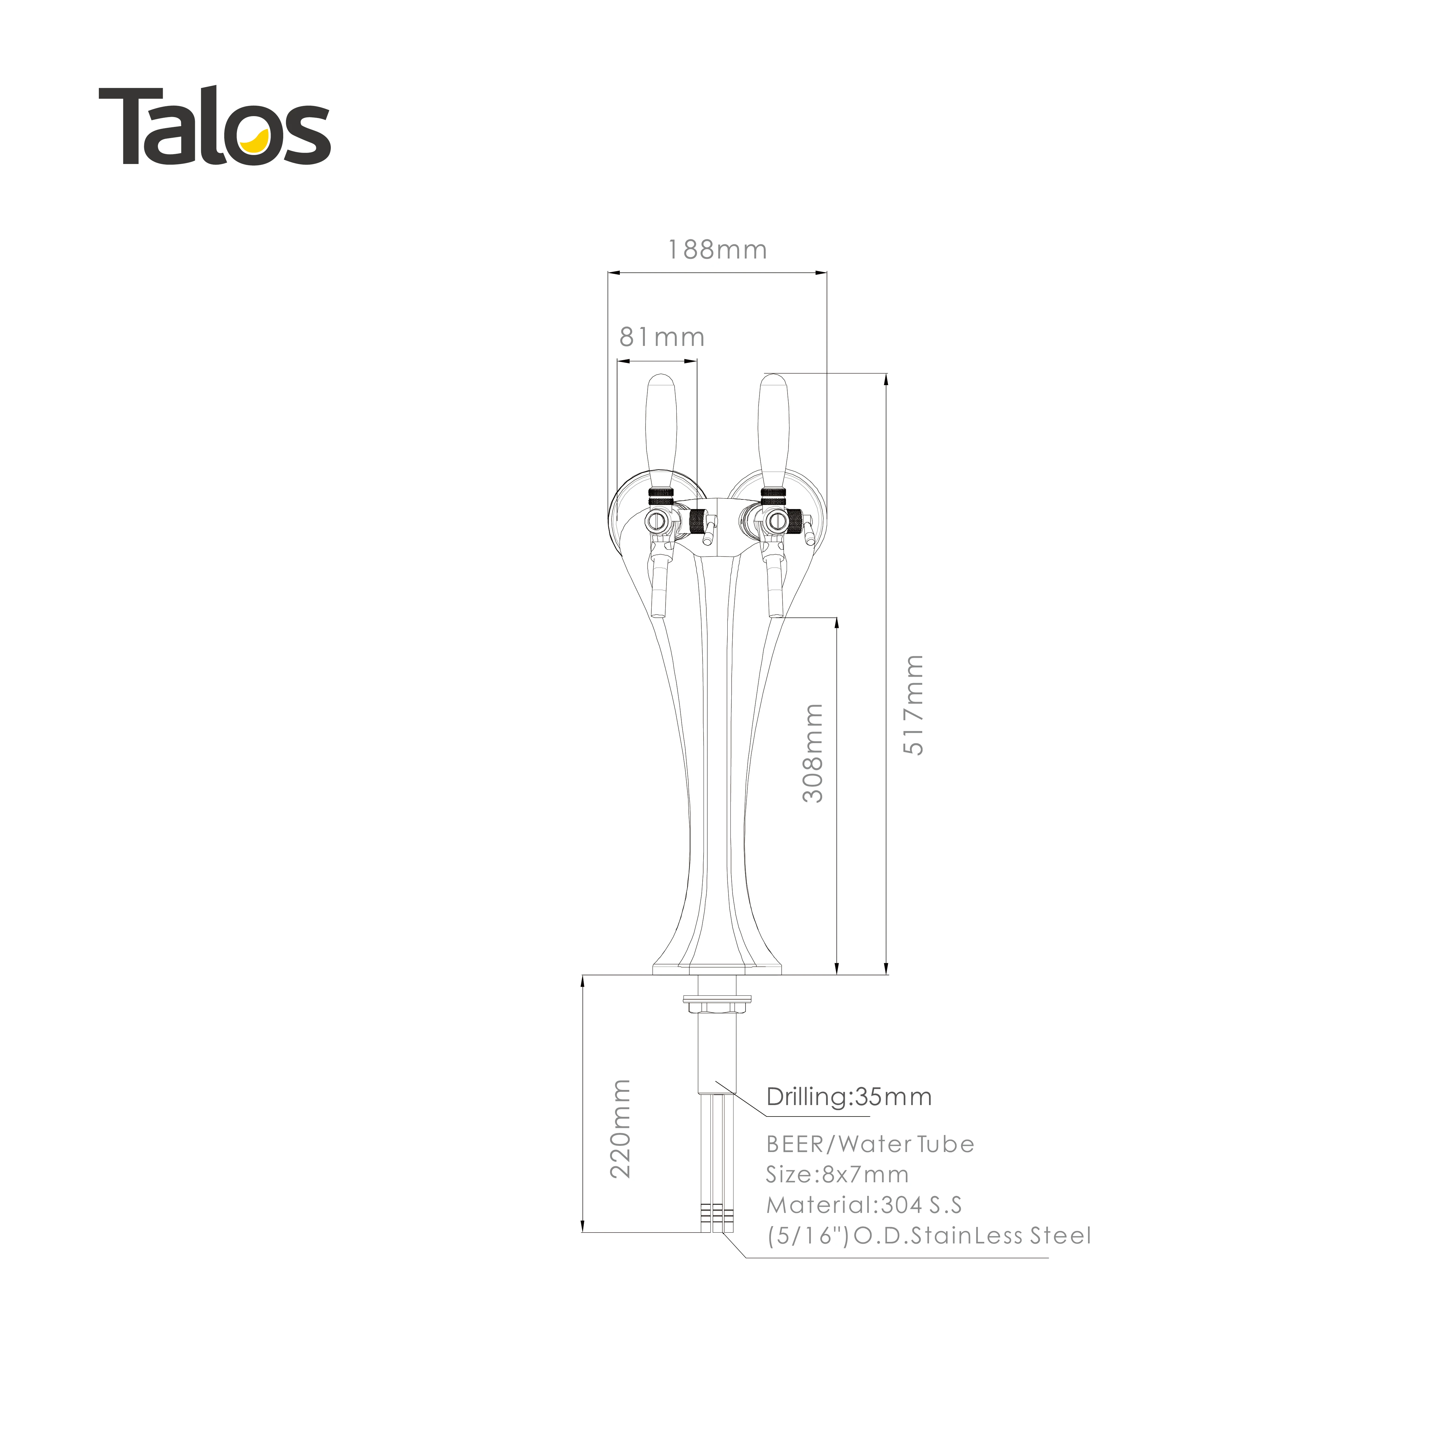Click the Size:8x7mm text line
click(x=837, y=1175)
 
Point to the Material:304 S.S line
click(x=864, y=1205)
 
